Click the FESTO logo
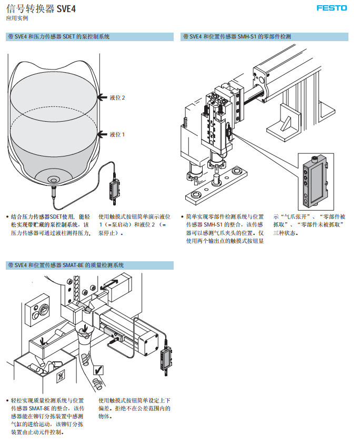[x=332, y=8]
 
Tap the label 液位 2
[x=117, y=97]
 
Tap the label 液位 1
[x=117, y=134]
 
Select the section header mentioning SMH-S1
[x=237, y=37]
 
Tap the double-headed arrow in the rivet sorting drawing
[x=113, y=284]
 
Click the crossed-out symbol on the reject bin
[x=61, y=376]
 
